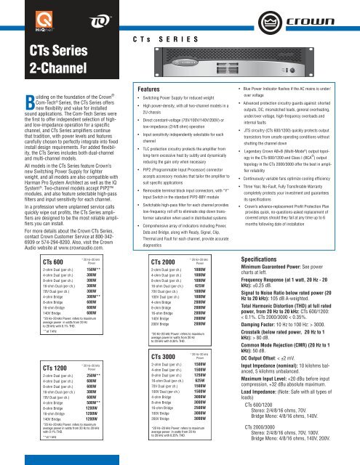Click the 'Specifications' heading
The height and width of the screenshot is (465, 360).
tap(284, 258)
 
